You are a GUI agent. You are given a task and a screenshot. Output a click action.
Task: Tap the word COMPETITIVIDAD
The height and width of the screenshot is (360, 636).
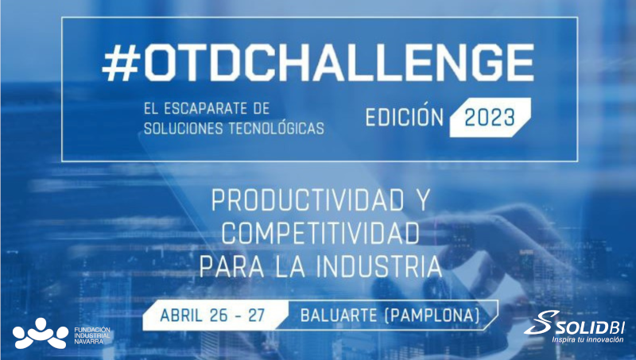320,234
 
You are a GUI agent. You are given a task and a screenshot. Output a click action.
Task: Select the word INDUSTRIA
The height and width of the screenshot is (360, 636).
377,265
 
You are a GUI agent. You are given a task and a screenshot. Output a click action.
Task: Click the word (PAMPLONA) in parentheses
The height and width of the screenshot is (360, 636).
433,315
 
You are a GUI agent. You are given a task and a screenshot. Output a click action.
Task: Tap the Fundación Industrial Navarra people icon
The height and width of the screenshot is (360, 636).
40,333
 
